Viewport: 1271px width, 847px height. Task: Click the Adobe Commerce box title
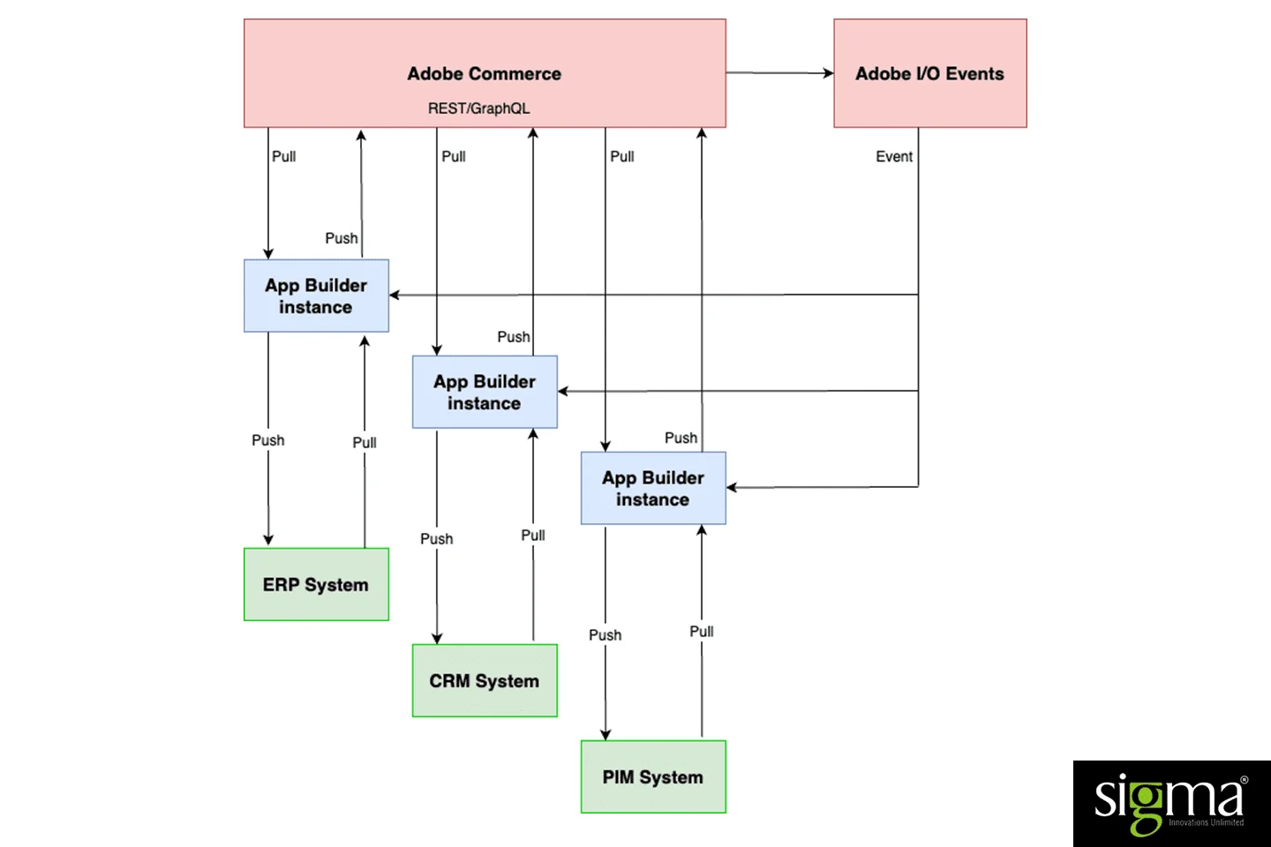pyautogui.click(x=484, y=74)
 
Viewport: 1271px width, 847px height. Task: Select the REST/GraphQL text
pyautogui.click(x=478, y=109)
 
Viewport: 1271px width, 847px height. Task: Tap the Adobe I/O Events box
pyautogui.click(x=929, y=74)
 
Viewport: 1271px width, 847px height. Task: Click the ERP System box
pyautogui.click(x=316, y=584)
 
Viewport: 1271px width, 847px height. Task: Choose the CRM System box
pyautogui.click(x=485, y=680)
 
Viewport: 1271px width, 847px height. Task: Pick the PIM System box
pyautogui.click(x=653, y=776)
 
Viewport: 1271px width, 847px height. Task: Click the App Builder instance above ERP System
pyautogui.click(x=316, y=296)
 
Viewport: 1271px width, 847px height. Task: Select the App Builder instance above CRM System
pyautogui.click(x=485, y=392)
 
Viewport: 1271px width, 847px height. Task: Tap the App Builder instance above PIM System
pyautogui.click(x=653, y=488)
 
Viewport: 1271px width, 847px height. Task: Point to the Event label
pyautogui.click(x=894, y=156)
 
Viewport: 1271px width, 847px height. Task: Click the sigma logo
pyautogui.click(x=1170, y=803)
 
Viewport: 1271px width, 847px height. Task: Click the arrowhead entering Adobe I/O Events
pyautogui.click(x=828, y=73)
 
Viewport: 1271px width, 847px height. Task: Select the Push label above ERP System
pyautogui.click(x=268, y=440)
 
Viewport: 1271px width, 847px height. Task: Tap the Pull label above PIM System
pyautogui.click(x=702, y=632)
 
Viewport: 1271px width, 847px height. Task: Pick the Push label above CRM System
pyautogui.click(x=437, y=538)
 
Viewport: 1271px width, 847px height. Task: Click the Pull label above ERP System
pyautogui.click(x=365, y=443)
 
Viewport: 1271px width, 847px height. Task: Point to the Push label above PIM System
pyautogui.click(x=605, y=635)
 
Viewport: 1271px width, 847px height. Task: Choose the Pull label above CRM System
pyautogui.click(x=533, y=536)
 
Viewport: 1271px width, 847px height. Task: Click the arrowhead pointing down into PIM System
pyautogui.click(x=605, y=734)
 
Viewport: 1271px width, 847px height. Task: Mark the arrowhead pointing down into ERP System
pyautogui.click(x=268, y=540)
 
